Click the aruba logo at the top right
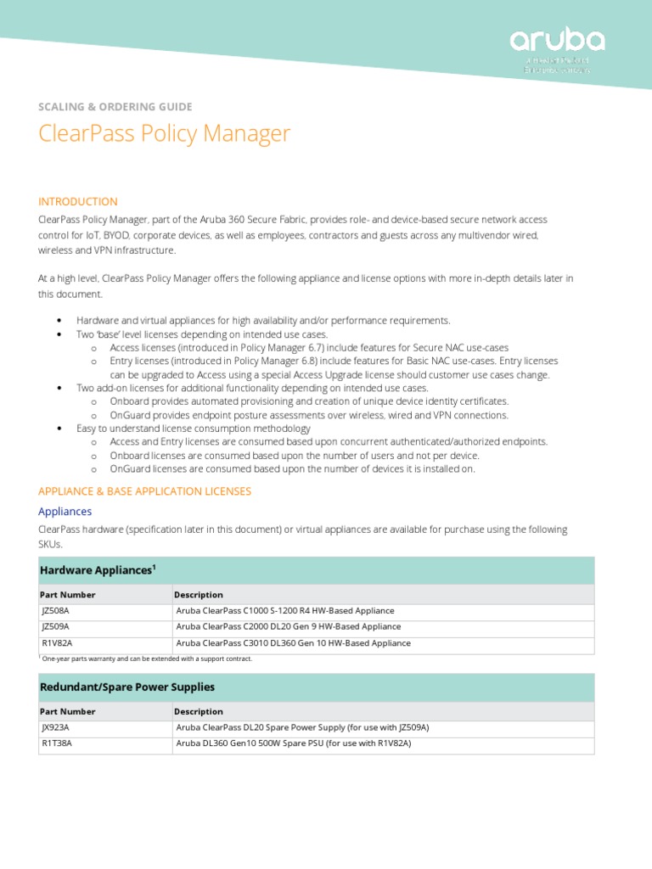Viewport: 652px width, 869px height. point(557,42)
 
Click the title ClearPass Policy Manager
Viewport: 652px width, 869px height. point(165,133)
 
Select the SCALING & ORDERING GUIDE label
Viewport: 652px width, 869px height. point(115,106)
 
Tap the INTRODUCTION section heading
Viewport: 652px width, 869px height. point(78,201)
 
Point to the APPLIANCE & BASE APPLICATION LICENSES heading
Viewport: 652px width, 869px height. point(145,491)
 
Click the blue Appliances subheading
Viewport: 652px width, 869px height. point(65,512)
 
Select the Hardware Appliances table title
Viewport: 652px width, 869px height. point(98,570)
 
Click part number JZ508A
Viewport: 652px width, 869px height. point(56,610)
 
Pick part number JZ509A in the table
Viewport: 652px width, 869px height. point(56,626)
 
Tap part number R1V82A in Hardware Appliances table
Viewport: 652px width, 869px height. point(57,643)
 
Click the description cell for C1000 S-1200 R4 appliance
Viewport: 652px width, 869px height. point(285,610)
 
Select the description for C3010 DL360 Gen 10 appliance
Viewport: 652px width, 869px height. point(294,643)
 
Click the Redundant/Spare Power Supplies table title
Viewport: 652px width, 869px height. point(127,687)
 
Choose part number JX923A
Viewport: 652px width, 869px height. point(56,727)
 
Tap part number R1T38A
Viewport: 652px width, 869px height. point(57,743)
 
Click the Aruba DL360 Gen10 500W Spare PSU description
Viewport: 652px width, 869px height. point(294,743)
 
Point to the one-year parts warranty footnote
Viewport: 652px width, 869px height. point(147,659)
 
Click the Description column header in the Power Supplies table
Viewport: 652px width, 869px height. point(199,711)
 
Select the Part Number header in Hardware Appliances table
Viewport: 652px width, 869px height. point(68,595)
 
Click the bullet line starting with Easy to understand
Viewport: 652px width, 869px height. point(194,429)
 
